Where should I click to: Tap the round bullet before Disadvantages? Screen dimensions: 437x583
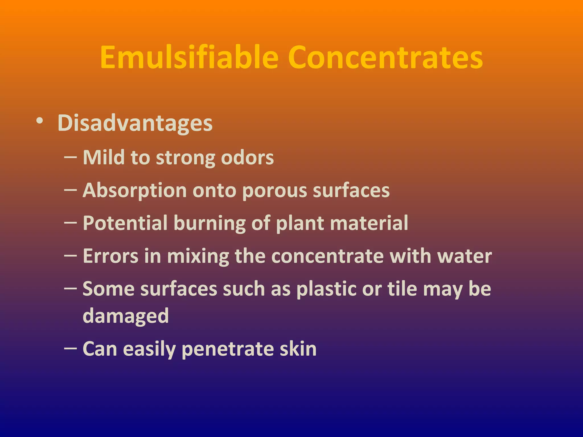click(40, 121)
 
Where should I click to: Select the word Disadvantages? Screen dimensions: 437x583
click(135, 123)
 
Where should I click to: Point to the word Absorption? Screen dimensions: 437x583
click(134, 190)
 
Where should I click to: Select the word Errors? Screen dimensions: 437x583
click(110, 256)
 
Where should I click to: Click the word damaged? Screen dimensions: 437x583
click(126, 316)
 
